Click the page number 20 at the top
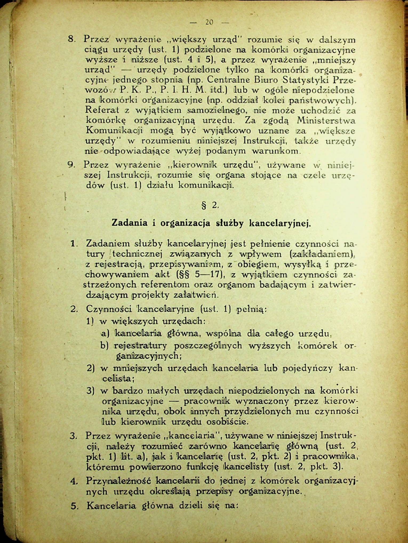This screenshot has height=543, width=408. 209,22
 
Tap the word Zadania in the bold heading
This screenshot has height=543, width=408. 129,223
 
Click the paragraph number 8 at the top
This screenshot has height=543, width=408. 71,39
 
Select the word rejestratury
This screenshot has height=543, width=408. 140,346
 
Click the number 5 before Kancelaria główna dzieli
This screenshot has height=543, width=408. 74,505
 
